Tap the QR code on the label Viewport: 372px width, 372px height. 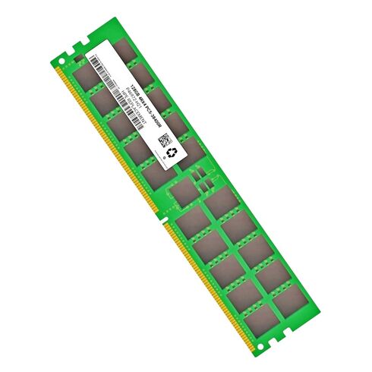pyautogui.click(x=163, y=140)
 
